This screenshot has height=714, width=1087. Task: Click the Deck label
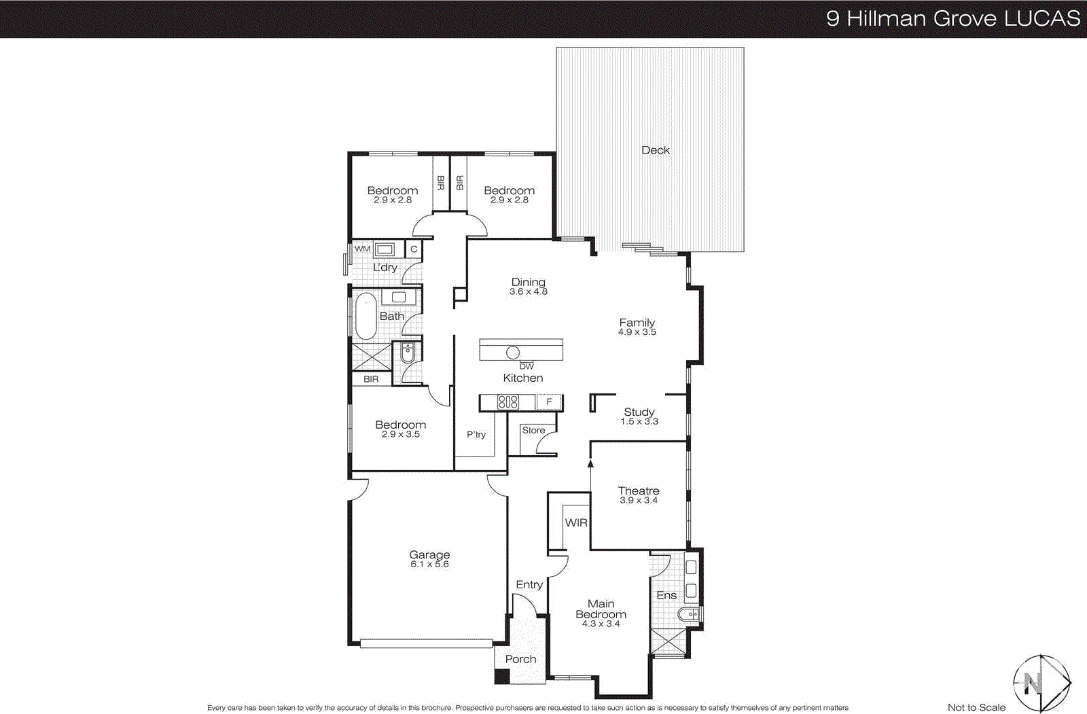click(655, 150)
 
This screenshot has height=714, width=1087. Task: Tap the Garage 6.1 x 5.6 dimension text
click(429, 565)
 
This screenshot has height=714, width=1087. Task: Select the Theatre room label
click(638, 490)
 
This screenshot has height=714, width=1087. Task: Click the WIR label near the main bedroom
click(576, 522)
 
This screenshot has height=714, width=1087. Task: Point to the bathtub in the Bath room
click(366, 316)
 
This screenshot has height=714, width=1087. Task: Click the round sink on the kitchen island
click(513, 352)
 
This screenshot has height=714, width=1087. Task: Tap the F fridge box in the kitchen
click(549, 402)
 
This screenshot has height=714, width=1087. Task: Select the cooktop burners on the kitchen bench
click(507, 402)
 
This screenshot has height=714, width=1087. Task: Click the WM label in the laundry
click(363, 249)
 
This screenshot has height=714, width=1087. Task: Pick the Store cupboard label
click(533, 430)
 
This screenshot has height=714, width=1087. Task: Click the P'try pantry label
click(476, 434)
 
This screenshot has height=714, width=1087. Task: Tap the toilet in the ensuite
click(688, 614)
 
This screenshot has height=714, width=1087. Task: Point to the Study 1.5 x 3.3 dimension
click(639, 422)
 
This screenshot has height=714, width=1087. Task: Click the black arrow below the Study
click(590, 464)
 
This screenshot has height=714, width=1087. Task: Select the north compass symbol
click(1041, 683)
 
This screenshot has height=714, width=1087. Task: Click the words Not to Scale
click(976, 707)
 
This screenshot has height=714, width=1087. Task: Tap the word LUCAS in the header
click(1042, 18)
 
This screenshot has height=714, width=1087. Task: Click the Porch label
click(520, 659)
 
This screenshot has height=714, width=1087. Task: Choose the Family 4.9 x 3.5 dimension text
click(637, 332)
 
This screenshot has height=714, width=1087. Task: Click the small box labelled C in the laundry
click(414, 249)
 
